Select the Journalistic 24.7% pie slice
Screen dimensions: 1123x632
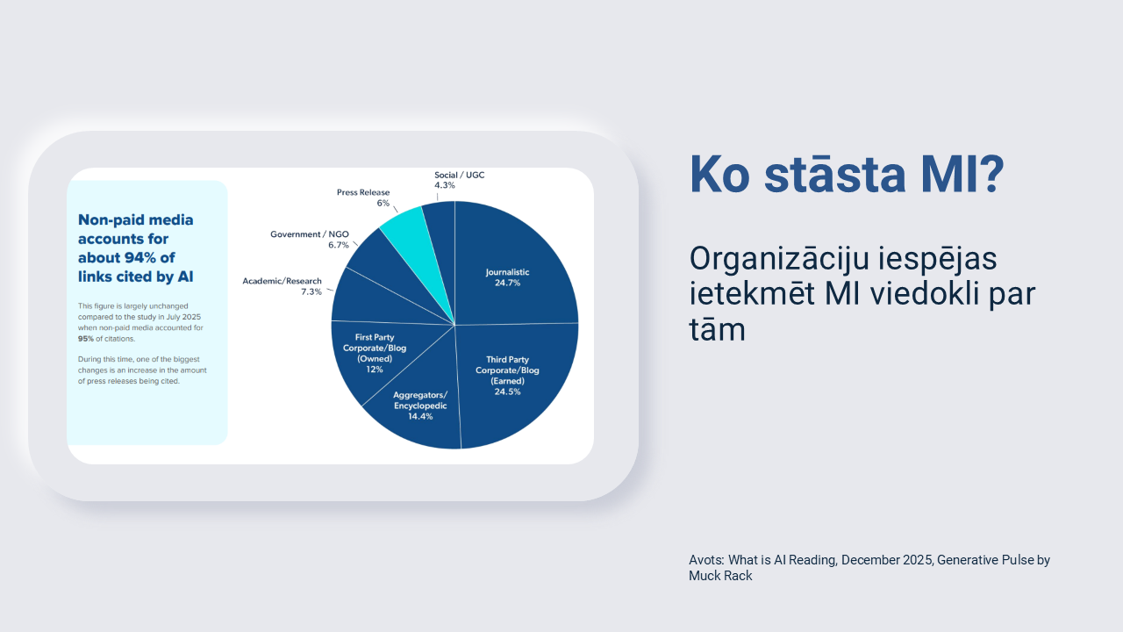[x=511, y=271]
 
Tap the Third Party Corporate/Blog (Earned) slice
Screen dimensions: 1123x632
[x=511, y=381]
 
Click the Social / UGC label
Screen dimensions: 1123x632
[x=459, y=175]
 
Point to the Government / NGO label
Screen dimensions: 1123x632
[x=310, y=234]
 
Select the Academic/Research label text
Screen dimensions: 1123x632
[x=282, y=281]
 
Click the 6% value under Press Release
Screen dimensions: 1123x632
[x=383, y=203]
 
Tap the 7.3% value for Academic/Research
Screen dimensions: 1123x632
[x=311, y=292]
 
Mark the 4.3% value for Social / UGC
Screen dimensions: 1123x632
[x=445, y=185]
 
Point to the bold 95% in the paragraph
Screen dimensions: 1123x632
[x=86, y=339]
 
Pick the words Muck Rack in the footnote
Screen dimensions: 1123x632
[x=720, y=576]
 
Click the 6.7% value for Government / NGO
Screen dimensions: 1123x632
[x=339, y=245]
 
